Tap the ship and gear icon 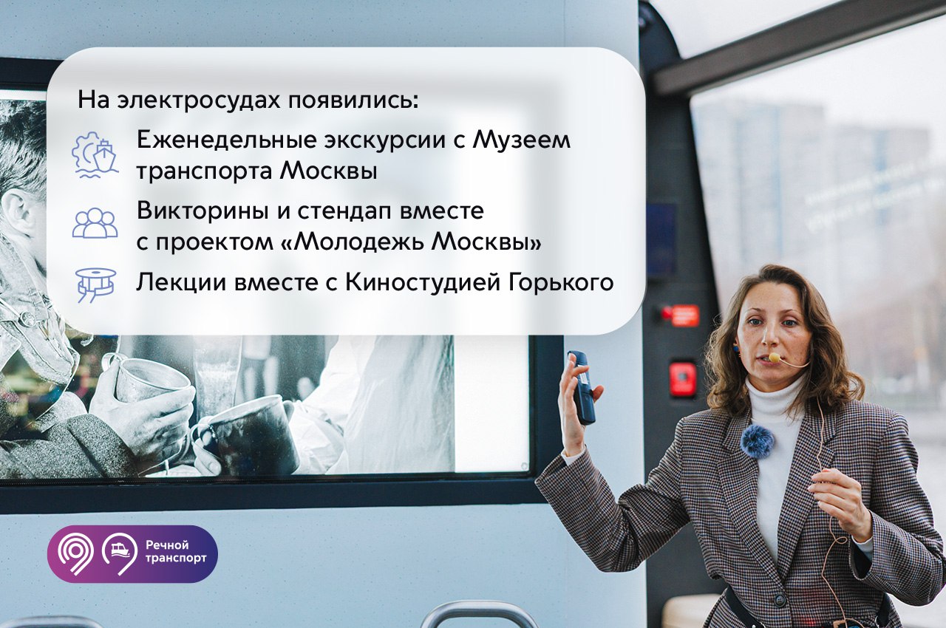point(95,155)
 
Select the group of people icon point(95,223)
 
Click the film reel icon point(95,285)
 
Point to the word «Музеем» point(521,140)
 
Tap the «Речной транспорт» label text point(176,552)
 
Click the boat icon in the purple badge point(120,550)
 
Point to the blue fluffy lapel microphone point(758,442)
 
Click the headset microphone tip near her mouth point(775,358)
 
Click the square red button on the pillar point(683,379)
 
